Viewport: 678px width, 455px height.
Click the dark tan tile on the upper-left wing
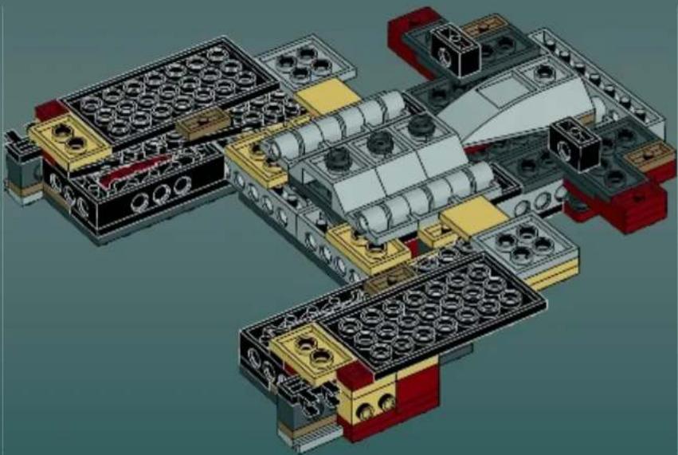click(203, 124)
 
